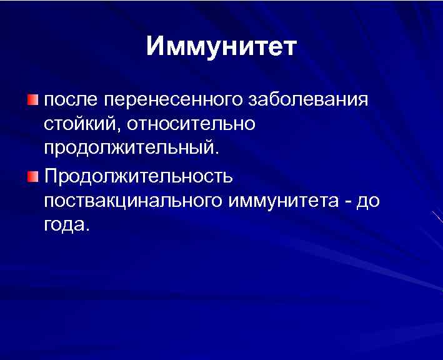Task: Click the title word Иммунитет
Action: point(222,47)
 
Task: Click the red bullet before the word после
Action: point(32,99)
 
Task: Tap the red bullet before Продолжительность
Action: point(32,176)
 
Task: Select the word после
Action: point(70,100)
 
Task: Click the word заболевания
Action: point(309,100)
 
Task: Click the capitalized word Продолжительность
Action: point(139,176)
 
